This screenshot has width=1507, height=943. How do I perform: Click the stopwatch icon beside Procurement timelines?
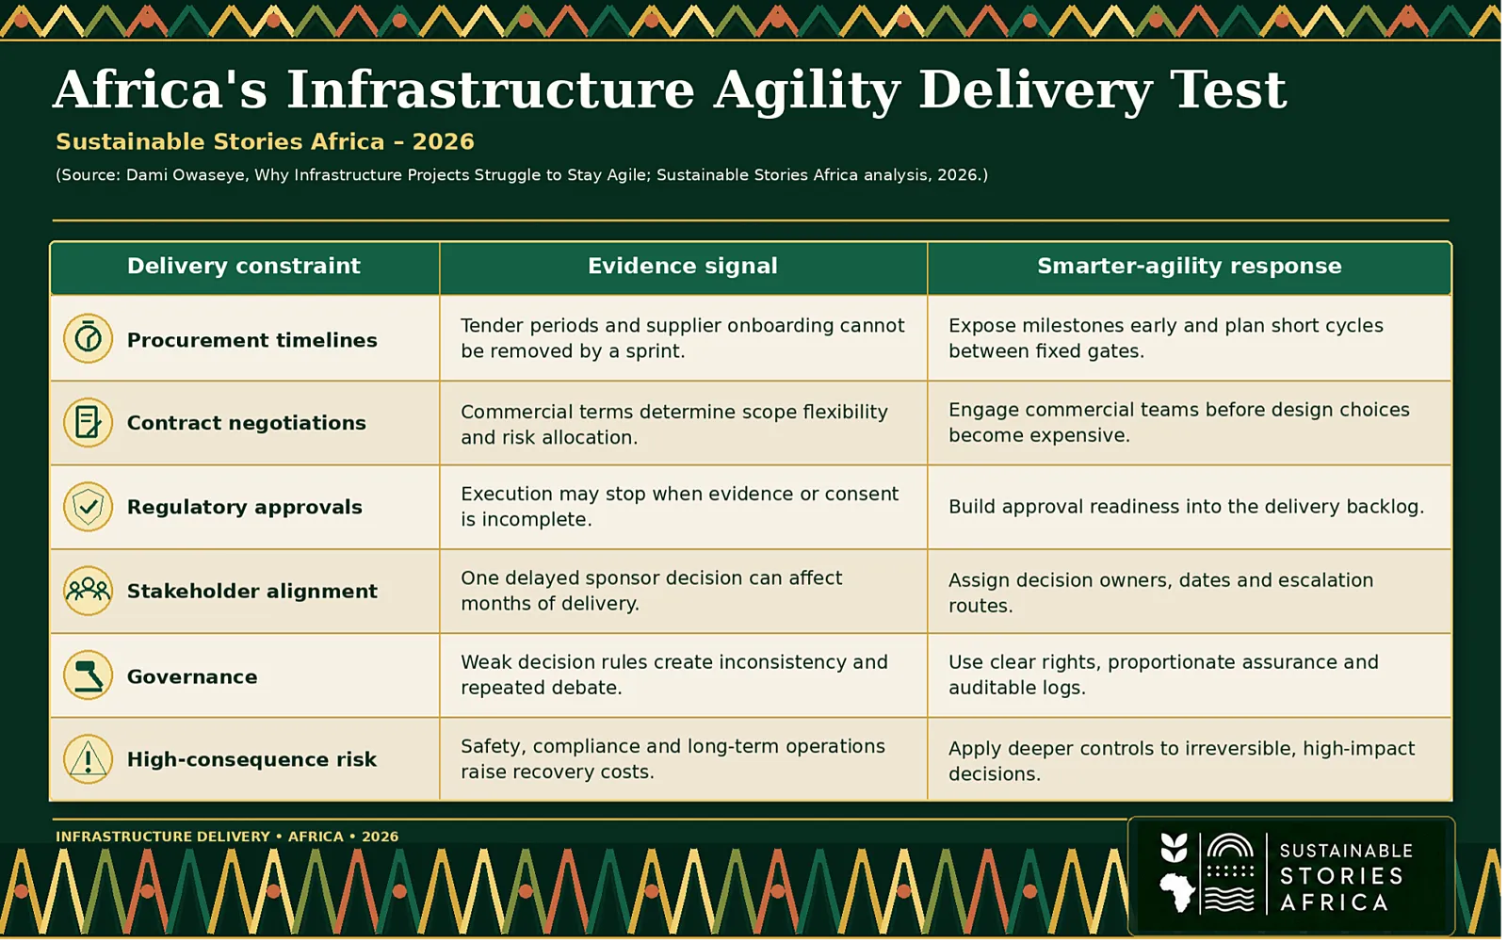[x=88, y=338]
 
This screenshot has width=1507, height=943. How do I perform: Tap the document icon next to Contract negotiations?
[x=88, y=423]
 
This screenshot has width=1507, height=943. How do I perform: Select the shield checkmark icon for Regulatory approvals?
[x=88, y=507]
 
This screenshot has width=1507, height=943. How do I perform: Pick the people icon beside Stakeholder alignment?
[x=88, y=591]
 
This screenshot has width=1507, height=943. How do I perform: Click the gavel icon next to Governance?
[x=88, y=675]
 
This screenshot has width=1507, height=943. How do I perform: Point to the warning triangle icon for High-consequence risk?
[x=88, y=759]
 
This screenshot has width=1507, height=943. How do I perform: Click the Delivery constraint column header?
[x=244, y=266]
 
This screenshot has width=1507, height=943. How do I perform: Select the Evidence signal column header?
[x=683, y=266]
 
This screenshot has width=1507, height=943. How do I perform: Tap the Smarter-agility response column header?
[x=1190, y=266]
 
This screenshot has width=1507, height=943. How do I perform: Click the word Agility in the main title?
[x=807, y=90]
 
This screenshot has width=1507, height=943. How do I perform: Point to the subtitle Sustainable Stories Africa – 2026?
[x=265, y=141]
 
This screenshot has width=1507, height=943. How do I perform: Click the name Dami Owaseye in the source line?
[x=185, y=175]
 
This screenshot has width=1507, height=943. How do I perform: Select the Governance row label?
[x=192, y=676]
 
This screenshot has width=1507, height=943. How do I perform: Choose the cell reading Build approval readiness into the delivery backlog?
[x=1186, y=507]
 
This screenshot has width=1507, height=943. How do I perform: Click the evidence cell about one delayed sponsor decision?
[x=651, y=591]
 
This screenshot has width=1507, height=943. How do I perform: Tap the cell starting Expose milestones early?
[x=1166, y=338]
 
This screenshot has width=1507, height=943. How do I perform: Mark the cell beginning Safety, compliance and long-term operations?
[x=672, y=758]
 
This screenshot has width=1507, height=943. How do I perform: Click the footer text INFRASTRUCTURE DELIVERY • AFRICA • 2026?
[x=227, y=837]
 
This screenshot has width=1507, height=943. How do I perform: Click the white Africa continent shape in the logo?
[x=1176, y=892]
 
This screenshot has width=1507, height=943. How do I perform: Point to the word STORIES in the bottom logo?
[x=1341, y=876]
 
